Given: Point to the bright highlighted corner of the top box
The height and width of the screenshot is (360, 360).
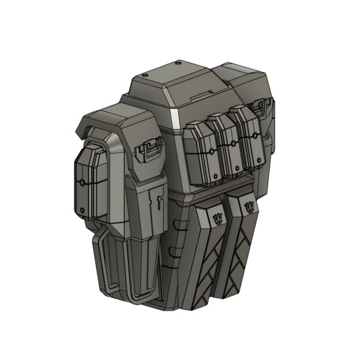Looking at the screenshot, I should [172, 117].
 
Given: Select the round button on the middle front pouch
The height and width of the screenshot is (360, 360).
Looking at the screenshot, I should [232, 145].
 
